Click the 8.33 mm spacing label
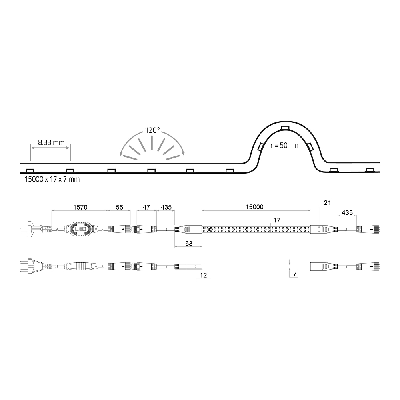51,142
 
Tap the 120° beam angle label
152,130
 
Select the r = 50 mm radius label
285,146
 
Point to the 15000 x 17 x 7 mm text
52,179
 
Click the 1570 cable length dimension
80,207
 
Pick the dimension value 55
119,207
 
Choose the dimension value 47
146,207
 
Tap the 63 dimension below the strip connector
189,244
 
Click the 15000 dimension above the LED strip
254,207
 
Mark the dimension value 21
327,203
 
